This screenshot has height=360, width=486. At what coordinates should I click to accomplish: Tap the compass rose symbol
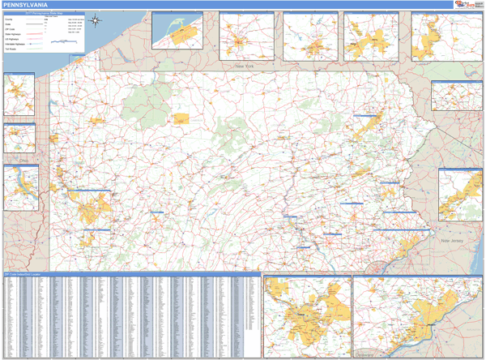(x=96, y=20)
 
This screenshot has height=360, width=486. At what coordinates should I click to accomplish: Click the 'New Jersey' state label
(x=450, y=242)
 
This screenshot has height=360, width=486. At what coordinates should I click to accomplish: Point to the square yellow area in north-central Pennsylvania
(x=181, y=118)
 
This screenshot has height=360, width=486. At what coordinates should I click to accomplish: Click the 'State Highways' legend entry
(x=11, y=35)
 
